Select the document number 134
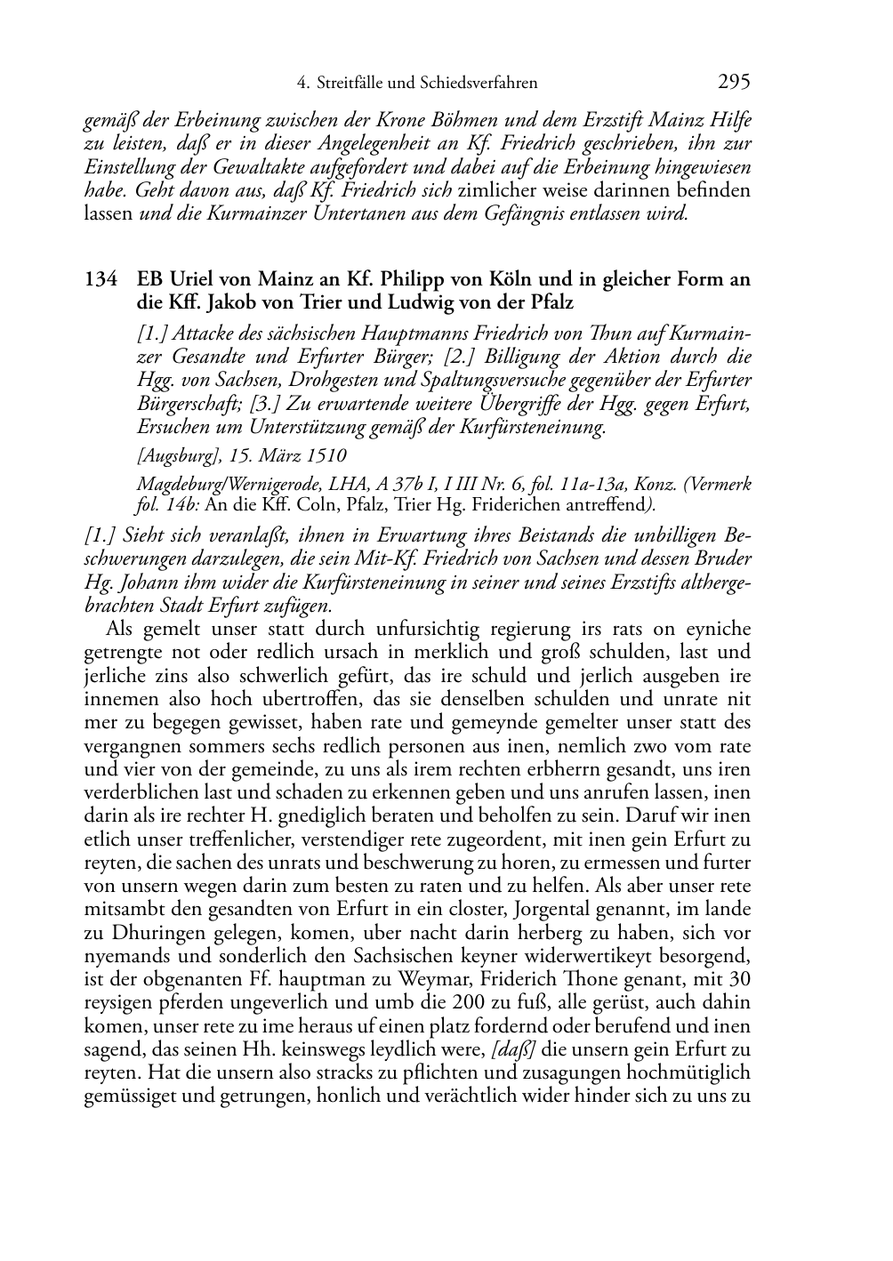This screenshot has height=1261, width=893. [101, 279]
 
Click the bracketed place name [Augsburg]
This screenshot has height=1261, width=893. [176, 455]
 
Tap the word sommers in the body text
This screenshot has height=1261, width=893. [205, 745]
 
